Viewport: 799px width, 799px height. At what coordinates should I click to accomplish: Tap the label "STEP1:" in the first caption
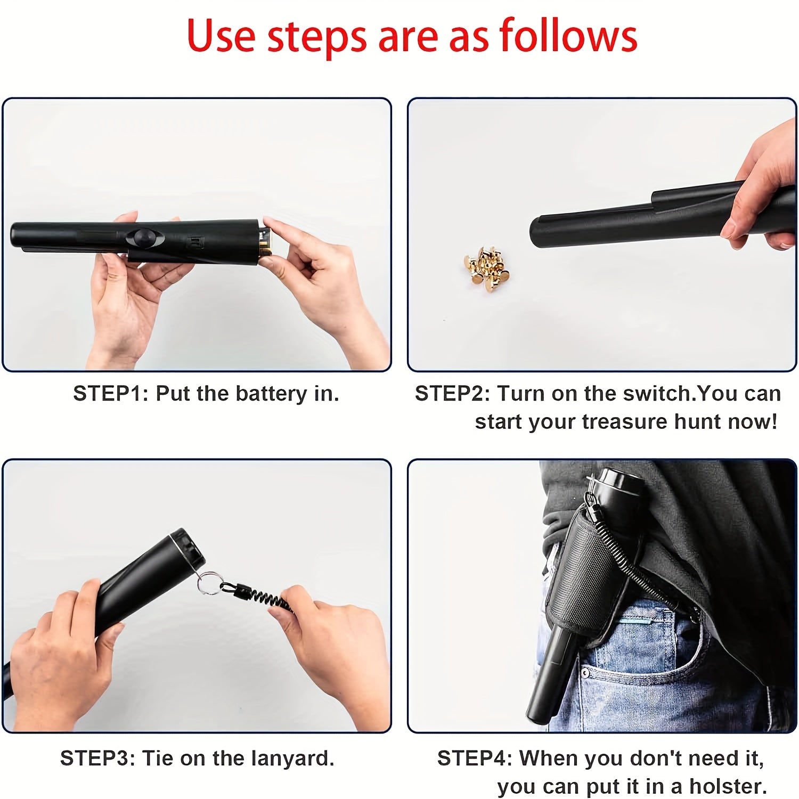pyautogui.click(x=111, y=394)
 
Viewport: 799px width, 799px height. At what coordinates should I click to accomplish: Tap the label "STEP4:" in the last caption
pyautogui.click(x=474, y=758)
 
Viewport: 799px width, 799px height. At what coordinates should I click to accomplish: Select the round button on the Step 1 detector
pyautogui.click(x=144, y=237)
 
